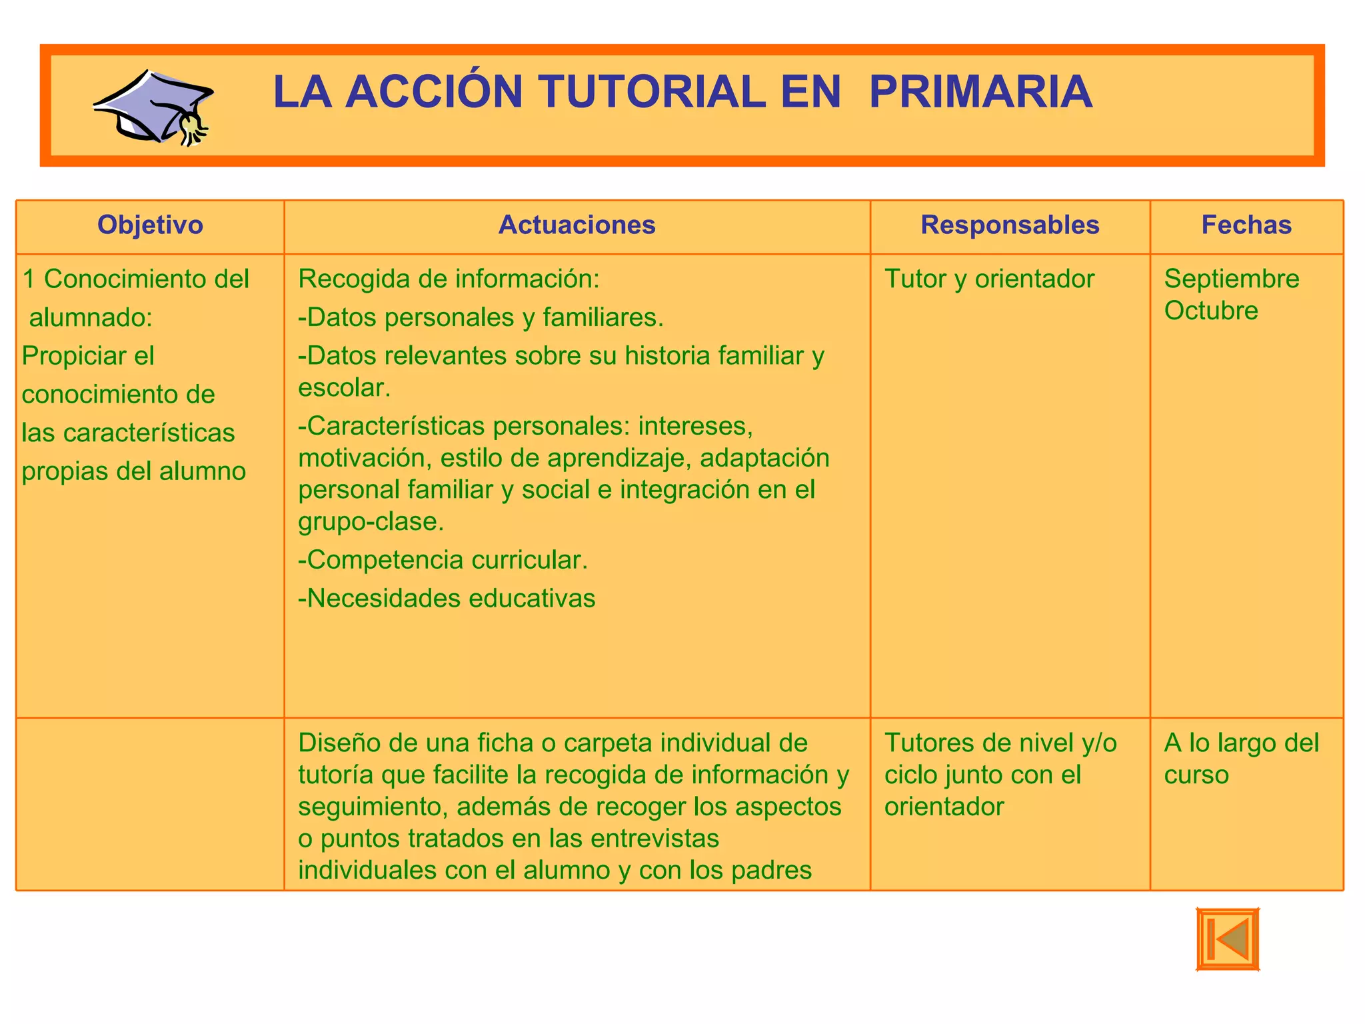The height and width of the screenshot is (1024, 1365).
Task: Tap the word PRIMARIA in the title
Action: point(980,92)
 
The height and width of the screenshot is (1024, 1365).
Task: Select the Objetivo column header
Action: point(150,225)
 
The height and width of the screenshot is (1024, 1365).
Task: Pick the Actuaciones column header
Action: point(577,225)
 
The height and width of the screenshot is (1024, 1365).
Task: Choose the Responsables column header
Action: point(1010,225)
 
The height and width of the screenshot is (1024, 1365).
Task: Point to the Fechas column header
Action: point(1246,225)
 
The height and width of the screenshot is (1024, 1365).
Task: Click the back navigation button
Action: point(1228,939)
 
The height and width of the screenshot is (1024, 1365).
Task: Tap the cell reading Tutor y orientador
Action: point(989,279)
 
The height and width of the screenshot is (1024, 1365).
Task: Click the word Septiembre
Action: point(1232,279)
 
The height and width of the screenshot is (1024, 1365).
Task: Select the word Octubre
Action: point(1211,311)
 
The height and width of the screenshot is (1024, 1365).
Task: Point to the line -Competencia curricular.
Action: point(443,560)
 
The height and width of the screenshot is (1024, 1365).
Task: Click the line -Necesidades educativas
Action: point(447,599)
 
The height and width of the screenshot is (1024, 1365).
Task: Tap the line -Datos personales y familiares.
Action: point(481,318)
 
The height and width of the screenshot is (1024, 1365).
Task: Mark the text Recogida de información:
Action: point(449,279)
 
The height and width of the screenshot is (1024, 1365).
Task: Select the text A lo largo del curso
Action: point(1241,759)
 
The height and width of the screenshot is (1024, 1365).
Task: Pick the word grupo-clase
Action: point(371,522)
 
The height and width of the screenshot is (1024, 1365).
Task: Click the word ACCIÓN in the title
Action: point(434,92)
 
